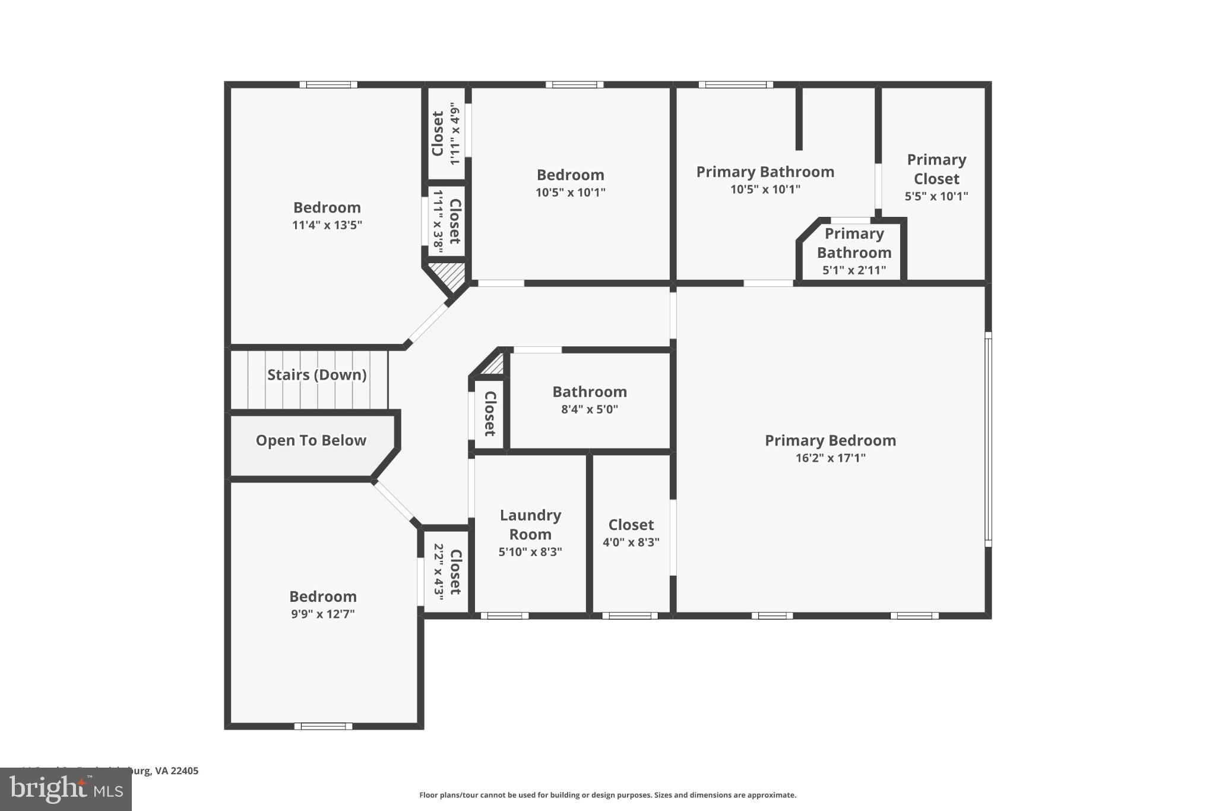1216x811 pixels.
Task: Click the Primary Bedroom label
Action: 830,440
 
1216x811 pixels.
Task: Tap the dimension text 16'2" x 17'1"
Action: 830,458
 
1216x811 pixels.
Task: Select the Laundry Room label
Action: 530,525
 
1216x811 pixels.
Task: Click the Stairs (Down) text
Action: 316,375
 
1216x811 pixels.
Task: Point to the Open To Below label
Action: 311,440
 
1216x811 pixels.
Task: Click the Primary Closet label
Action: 936,169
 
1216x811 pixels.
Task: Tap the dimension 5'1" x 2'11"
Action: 854,270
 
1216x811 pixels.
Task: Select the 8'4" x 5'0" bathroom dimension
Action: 590,409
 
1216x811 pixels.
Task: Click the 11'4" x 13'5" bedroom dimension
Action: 327,225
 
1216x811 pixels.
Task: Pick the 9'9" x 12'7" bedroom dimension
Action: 322,614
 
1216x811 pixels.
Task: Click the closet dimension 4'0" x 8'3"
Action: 631,542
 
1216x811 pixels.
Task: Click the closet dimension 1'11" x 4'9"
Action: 455,134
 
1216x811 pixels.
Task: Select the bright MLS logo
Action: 65,790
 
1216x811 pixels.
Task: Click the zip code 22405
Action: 184,771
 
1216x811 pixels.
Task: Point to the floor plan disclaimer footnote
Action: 607,795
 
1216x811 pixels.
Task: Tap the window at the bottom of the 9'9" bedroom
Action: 323,726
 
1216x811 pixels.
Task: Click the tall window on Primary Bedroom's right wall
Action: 989,440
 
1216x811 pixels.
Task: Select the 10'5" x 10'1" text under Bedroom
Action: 570,193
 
